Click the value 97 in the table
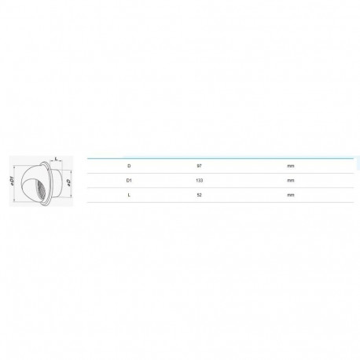pyautogui.click(x=200, y=166)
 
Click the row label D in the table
pyautogui.click(x=129, y=166)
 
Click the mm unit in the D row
pyautogui.click(x=291, y=166)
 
